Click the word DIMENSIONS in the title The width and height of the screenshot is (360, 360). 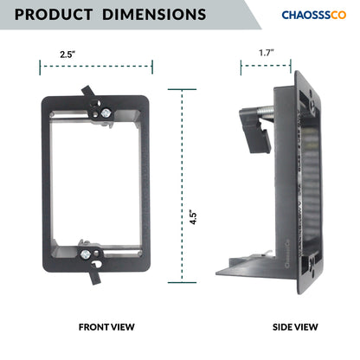151,15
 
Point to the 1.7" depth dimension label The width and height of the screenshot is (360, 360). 267,53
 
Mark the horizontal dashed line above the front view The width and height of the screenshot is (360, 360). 95,65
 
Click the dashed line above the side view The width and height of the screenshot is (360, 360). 267,64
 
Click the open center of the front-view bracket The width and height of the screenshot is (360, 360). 95,182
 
